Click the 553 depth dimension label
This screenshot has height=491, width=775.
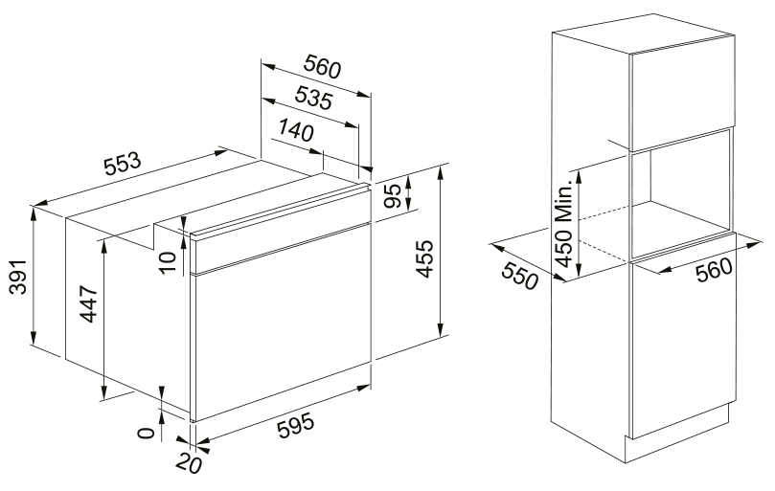click(x=123, y=164)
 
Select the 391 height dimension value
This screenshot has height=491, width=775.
click(x=19, y=277)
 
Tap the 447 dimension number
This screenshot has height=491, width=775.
click(x=89, y=303)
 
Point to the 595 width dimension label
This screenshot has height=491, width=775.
click(x=296, y=425)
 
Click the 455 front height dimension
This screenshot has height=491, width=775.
click(x=424, y=258)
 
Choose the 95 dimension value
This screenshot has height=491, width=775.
click(x=394, y=196)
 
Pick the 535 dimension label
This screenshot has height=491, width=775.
click(x=314, y=98)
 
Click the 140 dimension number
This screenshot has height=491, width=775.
click(x=296, y=130)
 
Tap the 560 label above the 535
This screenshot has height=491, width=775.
click(x=322, y=66)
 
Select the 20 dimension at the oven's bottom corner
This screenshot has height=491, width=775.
click(x=188, y=463)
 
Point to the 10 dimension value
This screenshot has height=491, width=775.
click(x=168, y=262)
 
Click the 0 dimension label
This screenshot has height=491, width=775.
click(x=146, y=434)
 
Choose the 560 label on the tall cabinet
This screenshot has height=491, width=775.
click(x=714, y=270)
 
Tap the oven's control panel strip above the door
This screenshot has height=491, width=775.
click(x=281, y=231)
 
